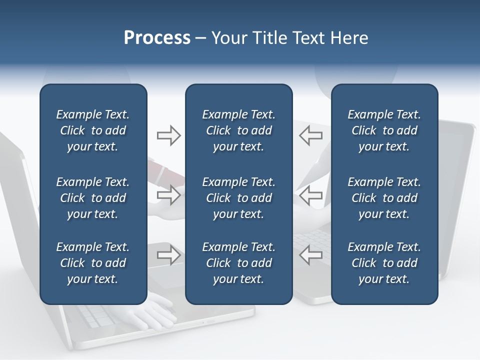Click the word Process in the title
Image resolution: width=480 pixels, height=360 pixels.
coord(157,38)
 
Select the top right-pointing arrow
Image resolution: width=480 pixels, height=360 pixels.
coord(168,135)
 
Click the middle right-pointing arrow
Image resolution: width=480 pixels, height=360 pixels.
coord(168,195)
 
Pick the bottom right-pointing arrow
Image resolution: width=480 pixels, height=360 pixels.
coord(168,255)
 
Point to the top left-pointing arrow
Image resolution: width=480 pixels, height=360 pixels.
coord(311,135)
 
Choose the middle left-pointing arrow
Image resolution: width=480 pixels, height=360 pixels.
coord(311,195)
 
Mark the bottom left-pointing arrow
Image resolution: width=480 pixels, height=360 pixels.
coord(311,255)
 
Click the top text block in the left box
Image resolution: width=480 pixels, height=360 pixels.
coord(93,130)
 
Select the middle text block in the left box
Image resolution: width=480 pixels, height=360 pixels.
coord(93,198)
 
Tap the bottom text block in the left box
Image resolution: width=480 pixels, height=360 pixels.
coord(93,263)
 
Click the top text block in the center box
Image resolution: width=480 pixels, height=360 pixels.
coord(238,130)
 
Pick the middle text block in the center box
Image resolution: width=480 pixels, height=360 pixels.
coord(238,198)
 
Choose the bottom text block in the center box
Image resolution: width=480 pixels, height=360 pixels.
coord(238,263)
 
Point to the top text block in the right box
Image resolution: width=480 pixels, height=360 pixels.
coord(384,130)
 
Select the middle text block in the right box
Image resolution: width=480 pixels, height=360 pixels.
coord(384,198)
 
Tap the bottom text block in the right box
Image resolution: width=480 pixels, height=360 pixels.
coord(384,263)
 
